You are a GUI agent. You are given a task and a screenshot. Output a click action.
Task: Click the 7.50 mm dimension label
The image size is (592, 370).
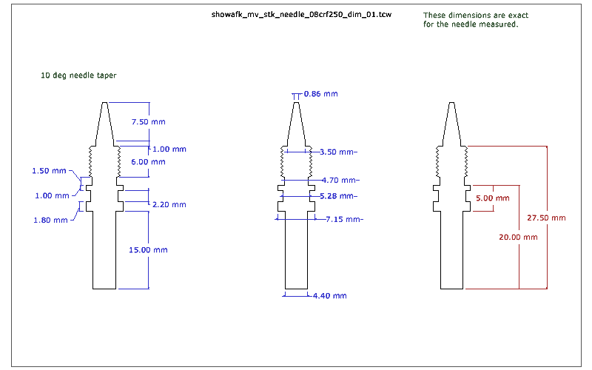click(x=149, y=121)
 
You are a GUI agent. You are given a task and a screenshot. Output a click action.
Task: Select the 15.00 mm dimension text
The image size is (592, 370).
click(x=149, y=250)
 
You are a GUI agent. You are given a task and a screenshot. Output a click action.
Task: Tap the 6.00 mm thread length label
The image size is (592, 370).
click(x=149, y=161)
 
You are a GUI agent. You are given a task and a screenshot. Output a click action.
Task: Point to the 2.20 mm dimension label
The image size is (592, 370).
click(x=168, y=204)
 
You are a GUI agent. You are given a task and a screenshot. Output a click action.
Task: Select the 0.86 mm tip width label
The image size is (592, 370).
click(x=321, y=94)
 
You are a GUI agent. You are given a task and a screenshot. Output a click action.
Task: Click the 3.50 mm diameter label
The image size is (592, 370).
click(x=338, y=152)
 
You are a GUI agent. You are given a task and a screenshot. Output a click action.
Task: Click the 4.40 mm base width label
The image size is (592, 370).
click(x=329, y=296)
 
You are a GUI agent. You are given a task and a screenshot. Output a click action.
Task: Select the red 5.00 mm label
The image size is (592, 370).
click(x=492, y=199)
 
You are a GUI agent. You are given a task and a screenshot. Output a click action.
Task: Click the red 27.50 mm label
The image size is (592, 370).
click(x=546, y=218)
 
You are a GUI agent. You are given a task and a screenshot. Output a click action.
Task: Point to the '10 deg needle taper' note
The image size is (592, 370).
click(x=78, y=75)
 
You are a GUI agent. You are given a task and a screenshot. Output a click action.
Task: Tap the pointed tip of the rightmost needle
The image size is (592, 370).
click(x=451, y=101)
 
